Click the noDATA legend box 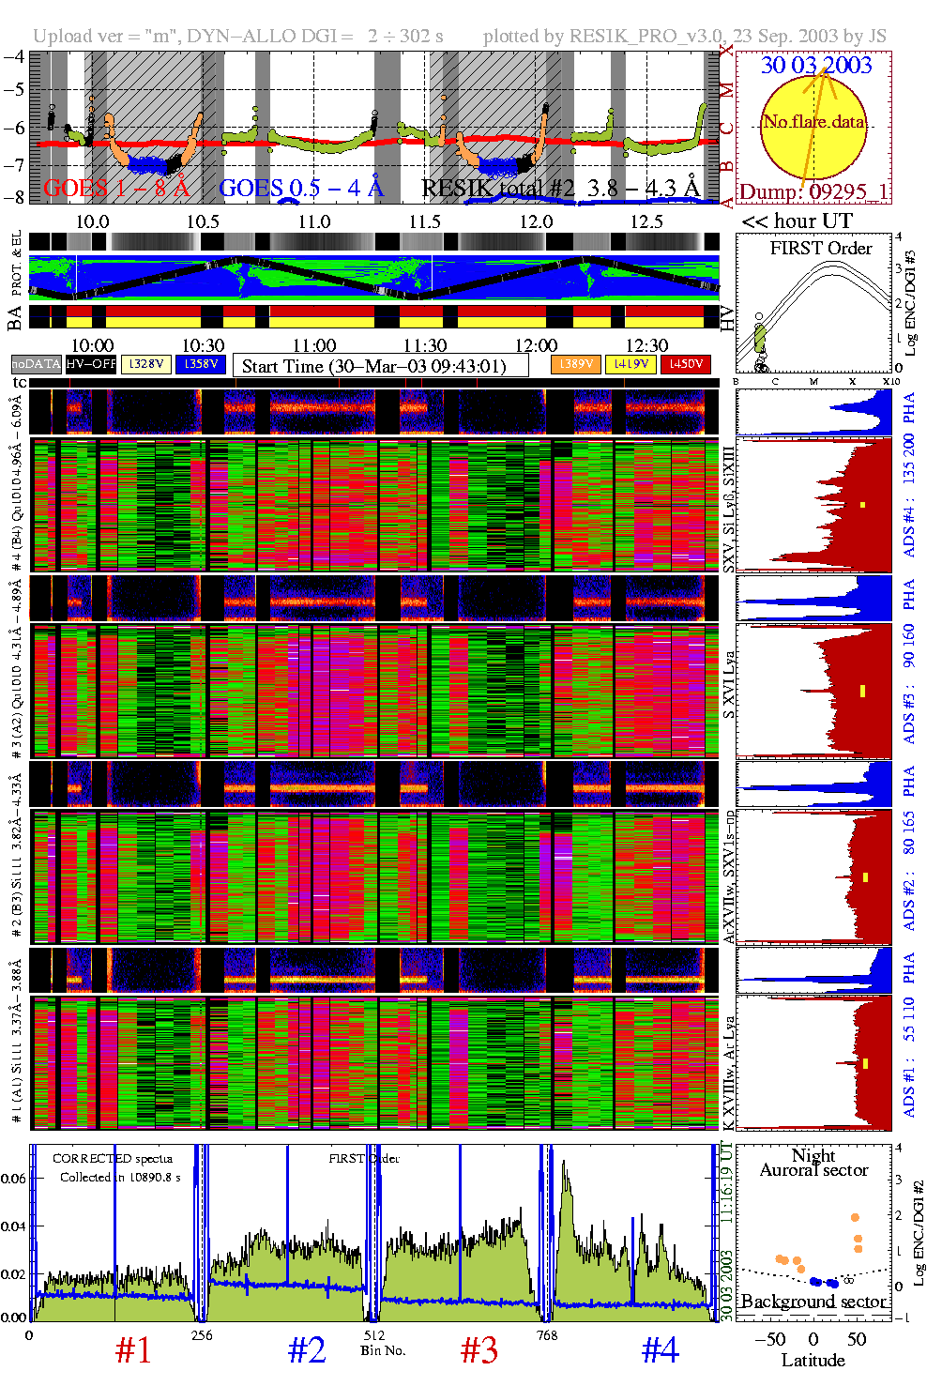tap(36, 364)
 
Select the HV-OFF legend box tap(91, 364)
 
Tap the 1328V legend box tap(146, 364)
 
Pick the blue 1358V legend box tap(201, 364)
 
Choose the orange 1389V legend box tap(575, 364)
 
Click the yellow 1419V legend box tap(631, 364)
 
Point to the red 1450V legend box tap(686, 364)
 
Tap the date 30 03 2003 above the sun tap(815, 65)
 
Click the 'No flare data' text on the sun tap(813, 121)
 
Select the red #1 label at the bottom tap(133, 1350)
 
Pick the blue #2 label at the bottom tap(307, 1350)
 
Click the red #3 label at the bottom tap(479, 1350)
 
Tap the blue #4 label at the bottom tap(660, 1350)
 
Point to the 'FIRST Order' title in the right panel tap(820, 249)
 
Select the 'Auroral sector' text tap(813, 1170)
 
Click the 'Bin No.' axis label tap(383, 1350)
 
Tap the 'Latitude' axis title tap(813, 1361)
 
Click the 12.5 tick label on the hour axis tap(646, 221)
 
